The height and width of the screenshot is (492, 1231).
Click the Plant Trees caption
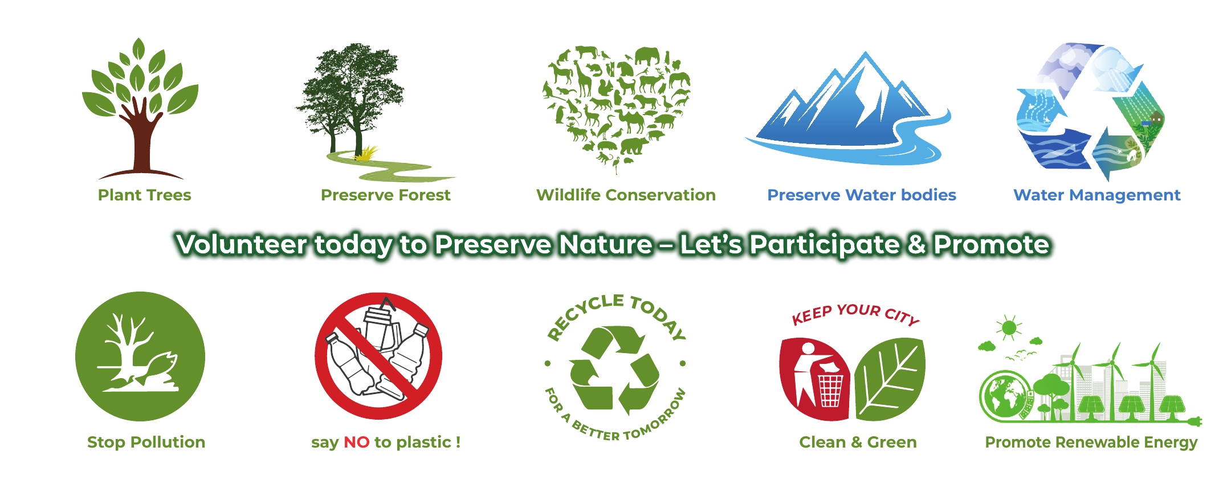point(144,195)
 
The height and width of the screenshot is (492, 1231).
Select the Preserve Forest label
point(385,195)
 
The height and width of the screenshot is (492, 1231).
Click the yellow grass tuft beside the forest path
point(366,153)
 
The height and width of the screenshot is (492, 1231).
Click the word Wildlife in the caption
point(568,195)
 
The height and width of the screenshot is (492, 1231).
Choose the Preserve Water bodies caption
point(862,195)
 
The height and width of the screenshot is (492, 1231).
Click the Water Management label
point(1097,195)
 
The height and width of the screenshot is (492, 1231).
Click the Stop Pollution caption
point(146,442)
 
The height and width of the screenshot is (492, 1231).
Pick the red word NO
point(357,442)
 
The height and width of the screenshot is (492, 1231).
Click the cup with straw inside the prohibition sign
point(379,327)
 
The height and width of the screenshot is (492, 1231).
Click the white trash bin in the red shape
point(830,390)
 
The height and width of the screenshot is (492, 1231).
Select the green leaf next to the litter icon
point(890,378)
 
